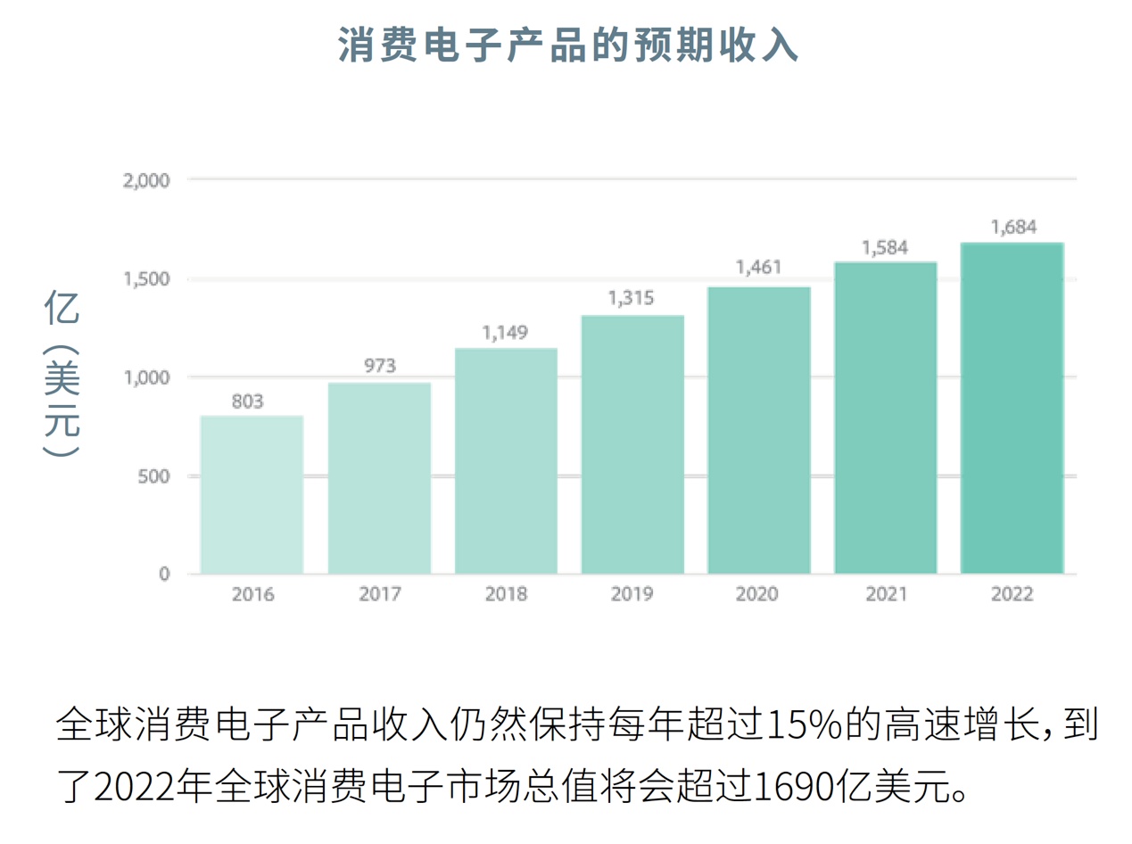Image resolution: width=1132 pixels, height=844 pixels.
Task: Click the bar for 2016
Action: point(252,494)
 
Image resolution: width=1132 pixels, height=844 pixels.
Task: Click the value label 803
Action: point(247,401)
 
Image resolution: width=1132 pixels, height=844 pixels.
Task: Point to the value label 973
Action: point(379,366)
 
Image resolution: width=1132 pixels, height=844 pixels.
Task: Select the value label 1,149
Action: point(505,333)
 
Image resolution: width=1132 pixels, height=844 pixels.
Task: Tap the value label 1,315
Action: point(632,299)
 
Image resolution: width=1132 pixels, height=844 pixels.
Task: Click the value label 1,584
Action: point(884,246)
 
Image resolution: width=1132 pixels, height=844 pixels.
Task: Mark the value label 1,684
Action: point(1012,227)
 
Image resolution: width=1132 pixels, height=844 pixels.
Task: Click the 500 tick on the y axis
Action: point(153,476)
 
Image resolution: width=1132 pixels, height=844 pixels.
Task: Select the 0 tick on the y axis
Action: point(163,574)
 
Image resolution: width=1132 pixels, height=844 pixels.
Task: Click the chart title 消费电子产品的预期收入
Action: point(567,45)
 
